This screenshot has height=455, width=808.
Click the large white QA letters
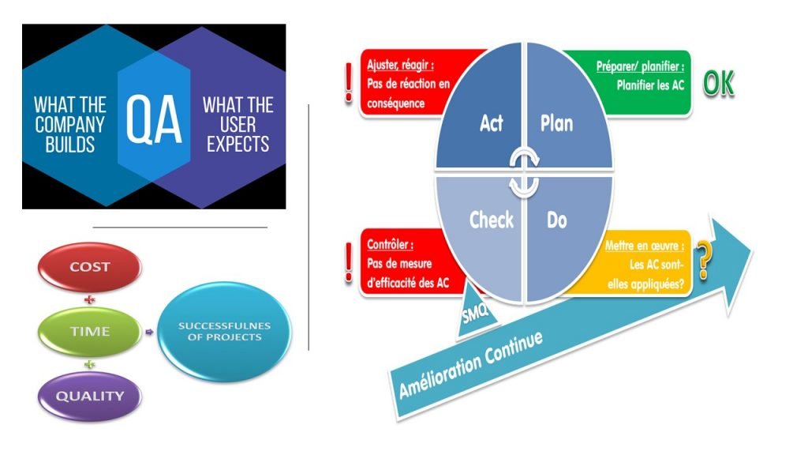coord(154,119)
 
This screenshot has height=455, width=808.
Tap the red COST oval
coord(90,267)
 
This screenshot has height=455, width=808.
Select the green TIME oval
coord(90,332)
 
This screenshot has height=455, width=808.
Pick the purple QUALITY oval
coord(90,397)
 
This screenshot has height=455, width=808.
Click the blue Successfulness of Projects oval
coord(224,332)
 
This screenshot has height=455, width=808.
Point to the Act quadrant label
coord(491,123)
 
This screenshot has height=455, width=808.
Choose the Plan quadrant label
coord(556,124)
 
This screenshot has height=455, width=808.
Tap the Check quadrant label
coord(492,220)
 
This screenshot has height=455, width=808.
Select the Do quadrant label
coord(556,220)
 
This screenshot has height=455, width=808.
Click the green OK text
coord(718,83)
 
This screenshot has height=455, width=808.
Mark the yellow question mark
coord(703,259)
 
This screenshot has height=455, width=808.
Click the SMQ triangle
coord(476,310)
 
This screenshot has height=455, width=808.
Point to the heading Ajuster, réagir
coord(400,65)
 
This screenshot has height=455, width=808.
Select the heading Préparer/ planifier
coord(640,66)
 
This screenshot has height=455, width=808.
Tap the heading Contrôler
coord(390,245)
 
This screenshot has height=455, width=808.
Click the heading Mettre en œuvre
coord(645,246)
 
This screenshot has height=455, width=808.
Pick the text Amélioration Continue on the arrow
coord(471,364)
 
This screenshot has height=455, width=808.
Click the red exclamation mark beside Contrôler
coord(349,262)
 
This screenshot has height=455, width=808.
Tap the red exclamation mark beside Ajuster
coord(349,82)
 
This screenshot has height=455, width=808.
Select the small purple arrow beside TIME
coord(149,333)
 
